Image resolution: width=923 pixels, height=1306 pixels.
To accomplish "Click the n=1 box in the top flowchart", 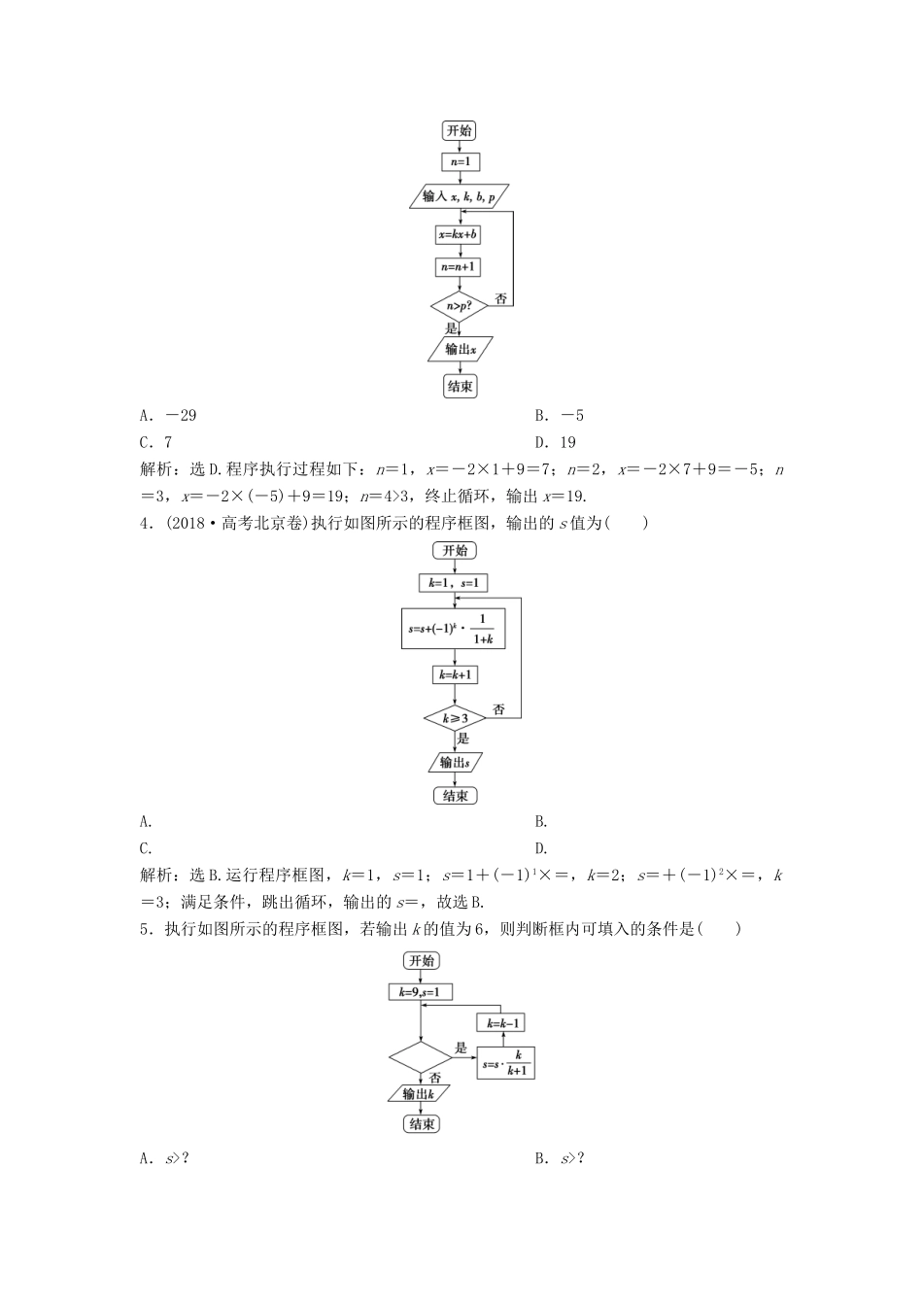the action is tap(461, 162).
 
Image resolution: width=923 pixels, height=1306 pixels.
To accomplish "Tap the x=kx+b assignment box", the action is tap(460, 234).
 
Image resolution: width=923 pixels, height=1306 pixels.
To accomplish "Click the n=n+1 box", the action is tap(460, 266).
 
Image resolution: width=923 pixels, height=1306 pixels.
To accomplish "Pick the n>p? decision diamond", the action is tap(460, 305).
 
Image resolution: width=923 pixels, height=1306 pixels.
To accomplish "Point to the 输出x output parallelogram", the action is tap(460, 349).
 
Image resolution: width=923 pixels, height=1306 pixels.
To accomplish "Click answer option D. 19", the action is tap(556, 442).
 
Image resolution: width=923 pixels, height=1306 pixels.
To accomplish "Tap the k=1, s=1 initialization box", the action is tap(453, 583).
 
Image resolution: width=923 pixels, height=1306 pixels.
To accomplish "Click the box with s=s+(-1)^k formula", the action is tap(453, 630).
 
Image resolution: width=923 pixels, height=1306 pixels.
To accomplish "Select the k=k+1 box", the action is tap(454, 674).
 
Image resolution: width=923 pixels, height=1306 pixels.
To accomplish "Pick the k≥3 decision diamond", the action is tap(454, 719).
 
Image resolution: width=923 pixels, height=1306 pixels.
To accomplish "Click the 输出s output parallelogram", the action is tap(454, 762).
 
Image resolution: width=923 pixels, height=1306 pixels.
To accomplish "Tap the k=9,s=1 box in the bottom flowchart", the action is tap(420, 992).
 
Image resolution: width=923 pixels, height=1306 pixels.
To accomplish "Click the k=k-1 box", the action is tap(502, 1022).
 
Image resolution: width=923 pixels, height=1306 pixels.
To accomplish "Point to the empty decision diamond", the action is tap(421, 1055).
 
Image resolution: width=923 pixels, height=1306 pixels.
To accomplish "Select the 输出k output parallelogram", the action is tap(421, 1094).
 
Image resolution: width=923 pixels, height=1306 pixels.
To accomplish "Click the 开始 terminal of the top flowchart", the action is tap(460, 131).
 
